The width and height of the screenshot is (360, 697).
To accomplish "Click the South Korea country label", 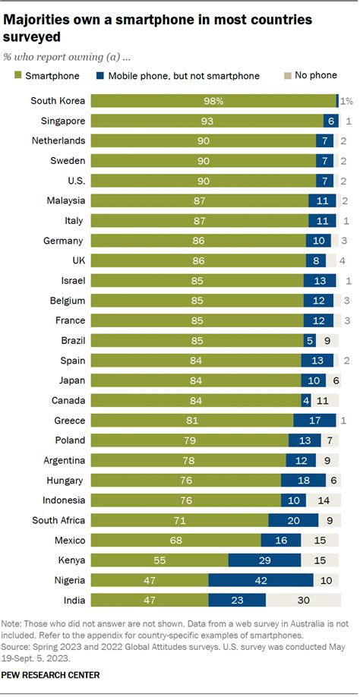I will tap(58, 101).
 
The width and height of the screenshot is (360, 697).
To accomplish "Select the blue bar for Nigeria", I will tap(261, 580).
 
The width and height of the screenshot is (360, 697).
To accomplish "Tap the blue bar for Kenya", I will tap(264, 560).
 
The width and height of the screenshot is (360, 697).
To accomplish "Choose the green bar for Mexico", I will tap(175, 540).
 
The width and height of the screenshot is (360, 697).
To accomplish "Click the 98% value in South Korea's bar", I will tap(213, 101).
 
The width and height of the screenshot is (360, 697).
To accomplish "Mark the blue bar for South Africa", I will tap(292, 520).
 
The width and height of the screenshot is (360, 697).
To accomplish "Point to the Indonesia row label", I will tap(63, 500).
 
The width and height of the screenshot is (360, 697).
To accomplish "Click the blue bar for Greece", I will tap(314, 421).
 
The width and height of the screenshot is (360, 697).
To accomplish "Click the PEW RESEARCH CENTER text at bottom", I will tap(52, 674).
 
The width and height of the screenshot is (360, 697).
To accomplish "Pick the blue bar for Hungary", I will tap(303, 480).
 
